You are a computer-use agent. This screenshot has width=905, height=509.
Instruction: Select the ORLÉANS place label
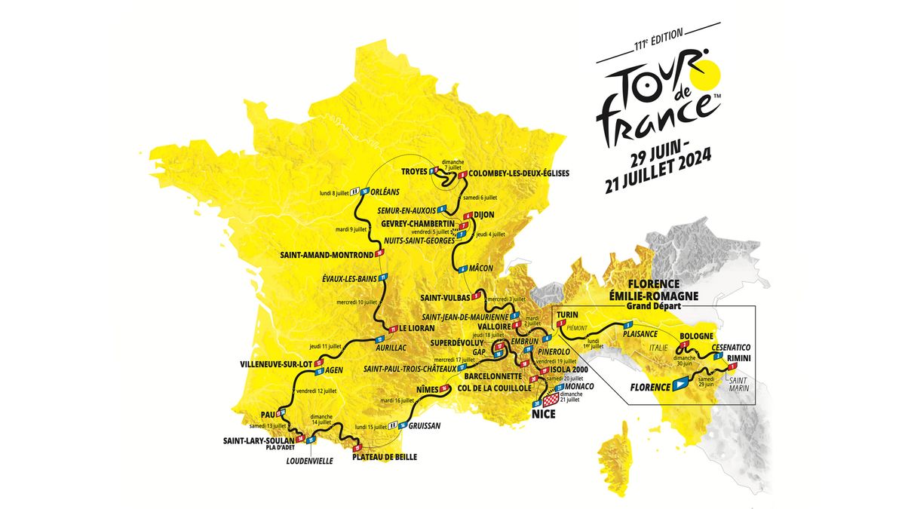385,192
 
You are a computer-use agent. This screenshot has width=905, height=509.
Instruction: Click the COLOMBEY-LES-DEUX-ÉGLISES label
519,173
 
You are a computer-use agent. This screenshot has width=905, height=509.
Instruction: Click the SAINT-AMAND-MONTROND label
327,254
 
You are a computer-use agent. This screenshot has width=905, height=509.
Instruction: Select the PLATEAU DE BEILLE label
385,457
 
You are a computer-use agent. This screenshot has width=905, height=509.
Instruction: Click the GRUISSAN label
425,425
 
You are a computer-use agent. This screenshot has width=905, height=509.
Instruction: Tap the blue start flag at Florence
682,385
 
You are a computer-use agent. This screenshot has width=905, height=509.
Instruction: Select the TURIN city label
568,314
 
